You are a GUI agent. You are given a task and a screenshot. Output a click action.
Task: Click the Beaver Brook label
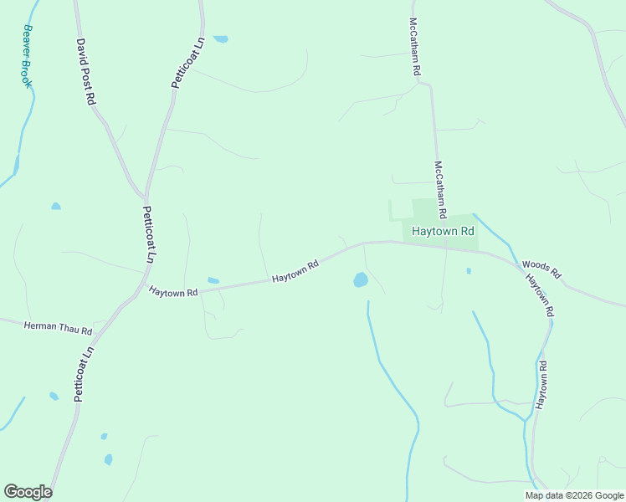(x=28, y=56)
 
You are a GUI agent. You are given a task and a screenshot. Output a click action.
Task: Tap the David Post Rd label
(x=86, y=71)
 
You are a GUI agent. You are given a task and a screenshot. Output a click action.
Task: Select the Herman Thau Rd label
(x=58, y=328)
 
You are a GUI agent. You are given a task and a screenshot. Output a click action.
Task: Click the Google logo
(x=28, y=492)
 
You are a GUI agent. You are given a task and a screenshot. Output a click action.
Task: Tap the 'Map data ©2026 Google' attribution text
(x=575, y=495)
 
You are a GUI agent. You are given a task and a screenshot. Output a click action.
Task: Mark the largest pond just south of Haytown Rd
(x=361, y=279)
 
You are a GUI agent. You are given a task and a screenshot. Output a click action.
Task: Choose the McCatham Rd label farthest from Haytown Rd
(x=414, y=47)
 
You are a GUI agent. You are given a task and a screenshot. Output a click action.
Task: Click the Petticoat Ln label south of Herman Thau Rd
(x=81, y=374)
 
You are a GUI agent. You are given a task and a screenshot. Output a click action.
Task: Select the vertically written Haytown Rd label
(x=541, y=384)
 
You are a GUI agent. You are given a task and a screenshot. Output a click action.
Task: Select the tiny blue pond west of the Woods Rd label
(x=468, y=270)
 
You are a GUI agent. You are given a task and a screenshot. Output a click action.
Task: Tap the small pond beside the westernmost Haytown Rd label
(x=213, y=280)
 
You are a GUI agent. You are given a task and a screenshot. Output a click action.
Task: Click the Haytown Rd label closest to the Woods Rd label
(x=540, y=296)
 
